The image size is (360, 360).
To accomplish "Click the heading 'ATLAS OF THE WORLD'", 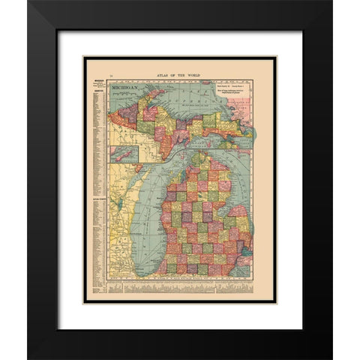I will click(x=180, y=75).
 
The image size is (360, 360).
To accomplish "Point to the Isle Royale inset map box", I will click(x=124, y=154).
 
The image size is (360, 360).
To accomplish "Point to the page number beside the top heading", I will click(x=110, y=76).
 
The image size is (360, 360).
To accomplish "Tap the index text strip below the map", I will click(x=180, y=287).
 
